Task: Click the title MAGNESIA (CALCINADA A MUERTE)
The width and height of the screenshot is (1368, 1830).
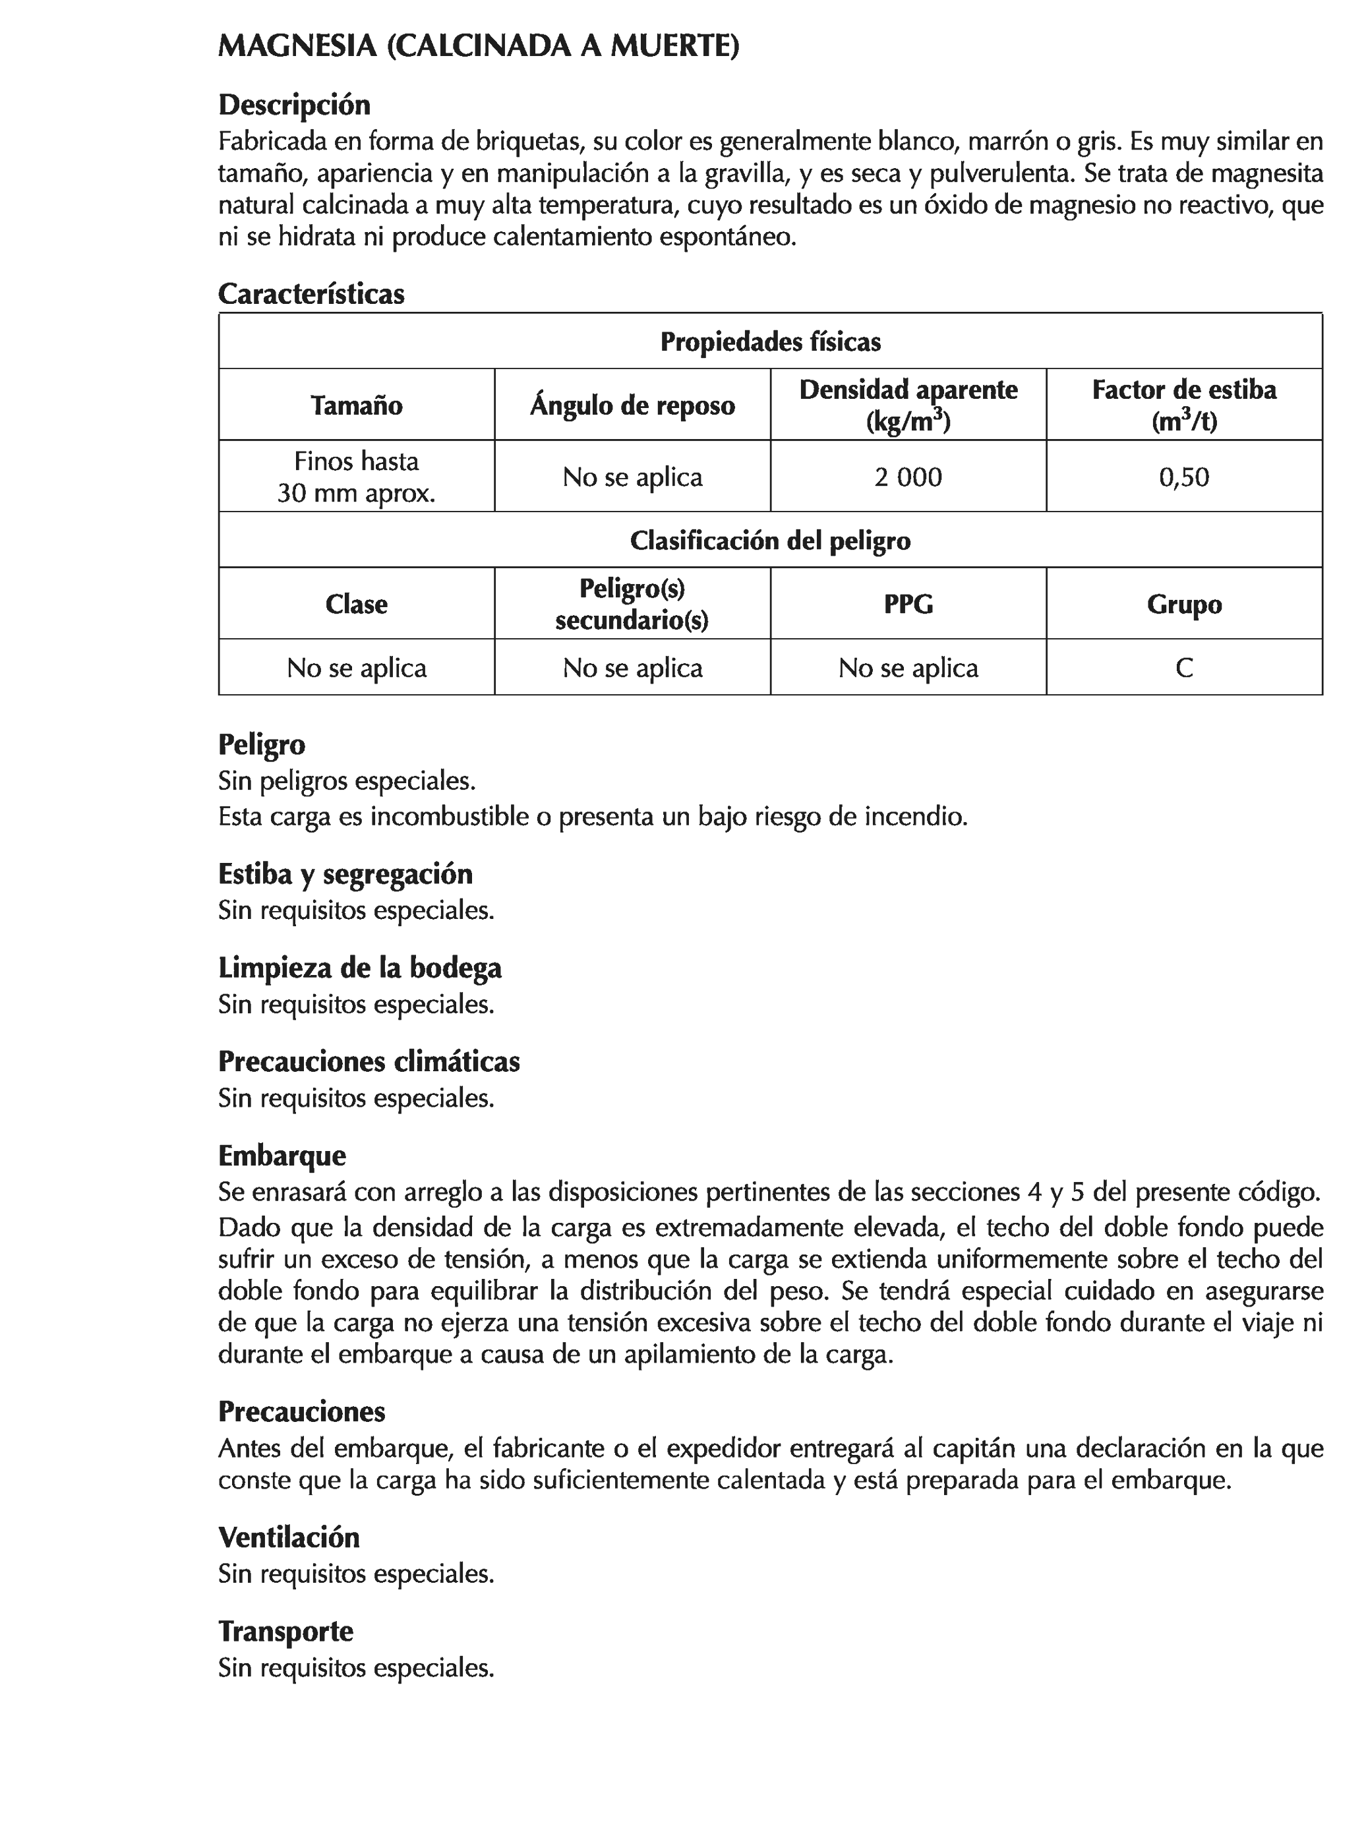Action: point(479,46)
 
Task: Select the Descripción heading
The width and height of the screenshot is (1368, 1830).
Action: point(294,105)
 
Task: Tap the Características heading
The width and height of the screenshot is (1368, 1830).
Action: point(311,294)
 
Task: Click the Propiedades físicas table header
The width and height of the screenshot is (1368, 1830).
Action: point(769,341)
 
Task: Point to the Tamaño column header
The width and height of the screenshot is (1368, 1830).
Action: point(357,405)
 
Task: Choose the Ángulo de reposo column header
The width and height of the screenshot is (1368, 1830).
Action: point(632,405)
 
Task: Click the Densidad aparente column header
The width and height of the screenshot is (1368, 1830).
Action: point(908,405)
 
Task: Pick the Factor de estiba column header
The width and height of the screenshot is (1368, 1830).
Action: point(1183,405)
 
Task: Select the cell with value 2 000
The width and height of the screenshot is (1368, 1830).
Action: point(908,477)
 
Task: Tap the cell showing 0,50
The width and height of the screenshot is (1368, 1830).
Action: point(1183,477)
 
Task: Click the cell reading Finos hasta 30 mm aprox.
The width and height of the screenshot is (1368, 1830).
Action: point(357,477)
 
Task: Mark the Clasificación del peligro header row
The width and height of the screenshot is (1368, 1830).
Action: point(769,540)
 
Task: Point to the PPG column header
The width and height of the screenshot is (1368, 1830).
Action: point(908,604)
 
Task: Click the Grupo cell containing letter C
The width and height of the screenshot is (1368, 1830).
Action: point(1183,668)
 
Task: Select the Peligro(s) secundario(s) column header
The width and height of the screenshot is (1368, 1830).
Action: point(632,604)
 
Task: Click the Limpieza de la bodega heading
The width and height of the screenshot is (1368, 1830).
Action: point(360,967)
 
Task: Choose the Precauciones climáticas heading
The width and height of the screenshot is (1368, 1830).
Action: point(369,1061)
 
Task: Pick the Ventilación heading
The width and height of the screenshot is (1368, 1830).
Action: point(289,1537)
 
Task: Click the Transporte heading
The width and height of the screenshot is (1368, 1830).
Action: point(285,1631)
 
